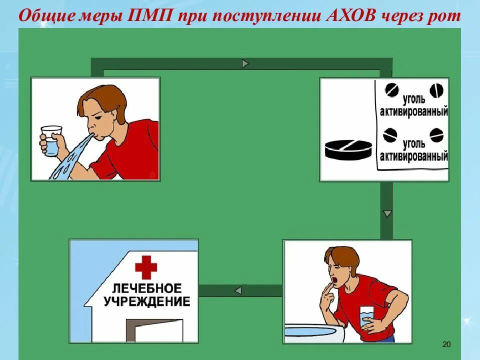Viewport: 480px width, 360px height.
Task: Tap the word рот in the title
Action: click(442, 15)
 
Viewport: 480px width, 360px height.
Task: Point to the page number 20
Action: click(446, 344)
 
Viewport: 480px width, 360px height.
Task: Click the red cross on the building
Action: click(145, 267)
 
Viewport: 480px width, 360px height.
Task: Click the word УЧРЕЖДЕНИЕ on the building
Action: click(146, 301)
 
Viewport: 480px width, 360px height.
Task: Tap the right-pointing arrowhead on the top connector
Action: click(245, 63)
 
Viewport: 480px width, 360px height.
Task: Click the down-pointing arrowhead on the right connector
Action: click(386, 214)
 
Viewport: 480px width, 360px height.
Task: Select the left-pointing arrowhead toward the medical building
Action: click(238, 290)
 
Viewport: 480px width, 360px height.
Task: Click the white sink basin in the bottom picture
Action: click(320, 333)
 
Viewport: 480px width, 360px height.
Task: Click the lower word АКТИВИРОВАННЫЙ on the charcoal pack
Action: click(413, 157)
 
